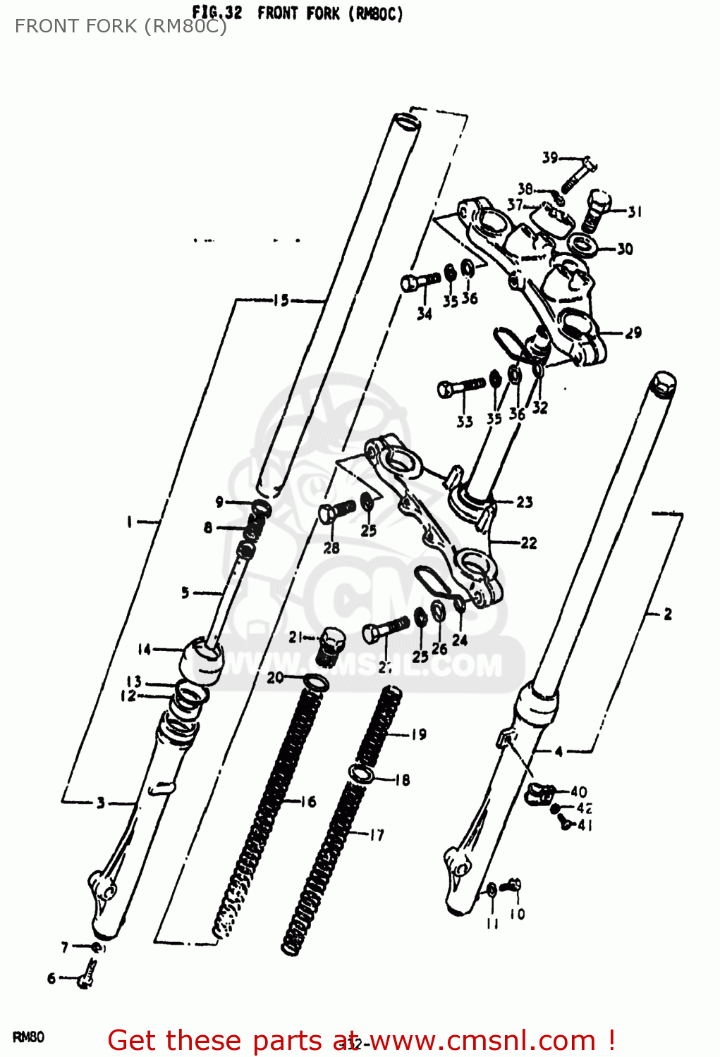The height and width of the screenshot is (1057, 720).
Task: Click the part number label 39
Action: click(549, 158)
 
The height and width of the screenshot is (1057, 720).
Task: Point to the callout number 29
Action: click(633, 333)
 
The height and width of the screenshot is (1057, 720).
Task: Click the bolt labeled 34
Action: click(419, 282)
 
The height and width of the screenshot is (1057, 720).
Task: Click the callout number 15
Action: click(281, 301)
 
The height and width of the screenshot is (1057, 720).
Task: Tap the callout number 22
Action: click(528, 543)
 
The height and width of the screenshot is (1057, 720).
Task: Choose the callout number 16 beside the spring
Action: click(307, 801)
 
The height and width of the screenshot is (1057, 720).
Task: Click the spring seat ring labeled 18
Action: click(362, 773)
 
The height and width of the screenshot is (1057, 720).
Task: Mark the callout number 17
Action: click(377, 835)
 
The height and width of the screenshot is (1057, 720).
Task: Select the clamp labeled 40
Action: click(540, 792)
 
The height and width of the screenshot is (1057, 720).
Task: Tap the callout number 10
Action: click(518, 914)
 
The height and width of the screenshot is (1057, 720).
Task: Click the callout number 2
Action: click(667, 614)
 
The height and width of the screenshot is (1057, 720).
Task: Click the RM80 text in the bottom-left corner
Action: click(28, 1037)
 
